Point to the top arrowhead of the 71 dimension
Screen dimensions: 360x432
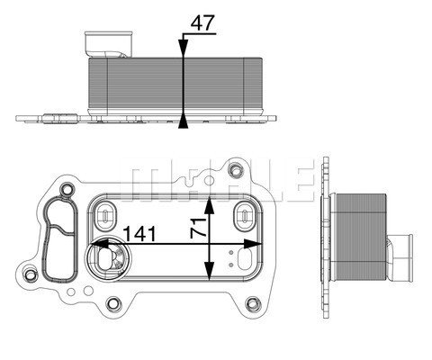point(210,199)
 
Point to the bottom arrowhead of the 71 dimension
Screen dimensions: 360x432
point(210,278)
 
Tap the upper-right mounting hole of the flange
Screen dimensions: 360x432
point(237,170)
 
